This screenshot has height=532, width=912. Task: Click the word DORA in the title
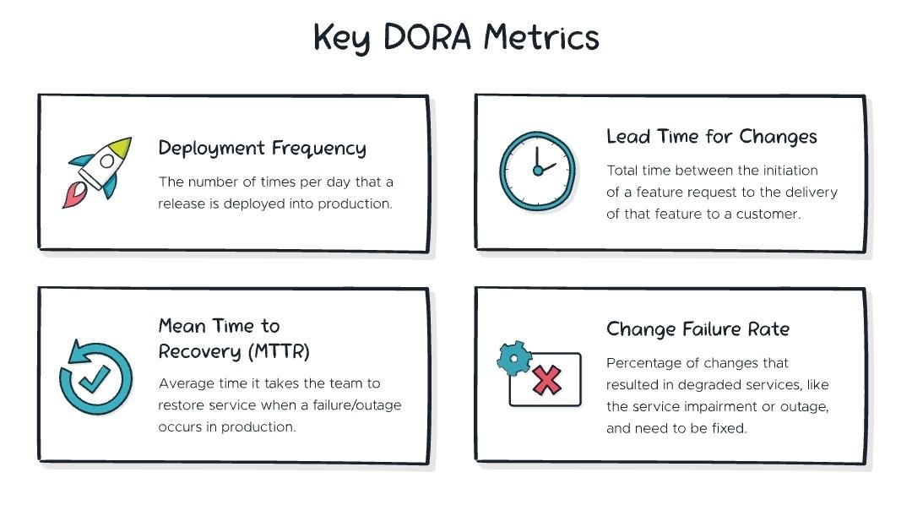pyautogui.click(x=427, y=37)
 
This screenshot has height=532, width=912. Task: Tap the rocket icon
pyautogui.click(x=97, y=172)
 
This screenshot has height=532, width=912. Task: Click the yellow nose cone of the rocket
pyautogui.click(x=120, y=148)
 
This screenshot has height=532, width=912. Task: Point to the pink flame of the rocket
pyautogui.click(x=73, y=195)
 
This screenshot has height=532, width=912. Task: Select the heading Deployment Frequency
pyautogui.click(x=263, y=149)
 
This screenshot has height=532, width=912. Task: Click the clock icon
pyautogui.click(x=537, y=171)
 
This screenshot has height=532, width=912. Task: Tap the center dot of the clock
pyautogui.click(x=538, y=171)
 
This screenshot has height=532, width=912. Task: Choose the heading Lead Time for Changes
pyautogui.click(x=711, y=137)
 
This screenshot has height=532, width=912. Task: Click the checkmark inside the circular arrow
pyautogui.click(x=95, y=379)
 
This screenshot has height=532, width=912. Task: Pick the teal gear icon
pyautogui.click(x=514, y=358)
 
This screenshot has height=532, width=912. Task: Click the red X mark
pyautogui.click(x=546, y=381)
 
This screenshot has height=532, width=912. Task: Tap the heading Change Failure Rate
pyautogui.click(x=698, y=329)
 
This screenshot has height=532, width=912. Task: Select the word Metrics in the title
pyautogui.click(x=541, y=37)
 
